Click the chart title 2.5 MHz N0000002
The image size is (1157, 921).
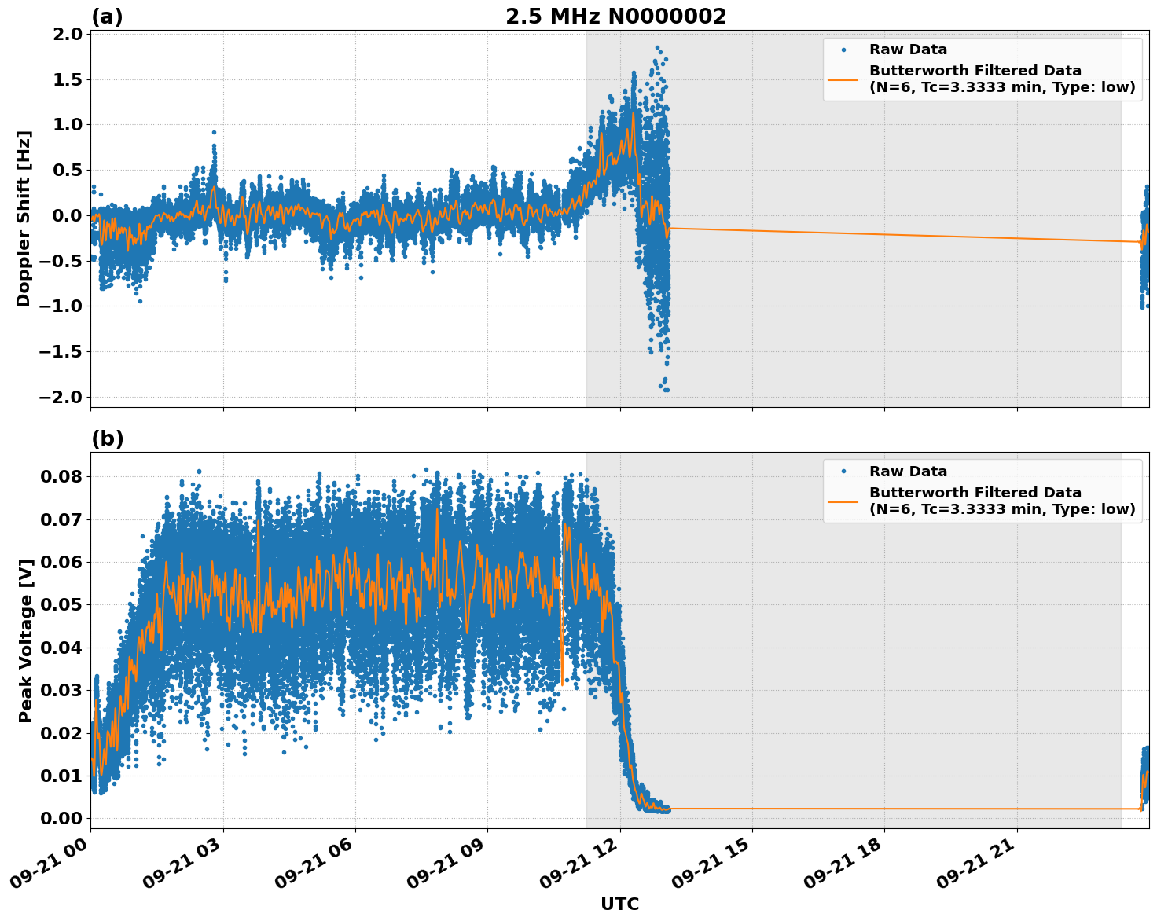(615, 17)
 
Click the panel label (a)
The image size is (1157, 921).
(107, 17)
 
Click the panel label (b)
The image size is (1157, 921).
(107, 438)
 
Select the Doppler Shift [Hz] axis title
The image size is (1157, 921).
(24, 218)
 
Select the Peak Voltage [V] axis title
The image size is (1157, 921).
(26, 640)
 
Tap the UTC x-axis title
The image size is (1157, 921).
(619, 904)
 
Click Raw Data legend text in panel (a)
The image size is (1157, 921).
(908, 50)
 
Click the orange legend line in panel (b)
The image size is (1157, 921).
(843, 501)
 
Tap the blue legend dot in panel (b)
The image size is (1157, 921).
(843, 472)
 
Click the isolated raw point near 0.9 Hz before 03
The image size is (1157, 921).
(214, 133)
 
